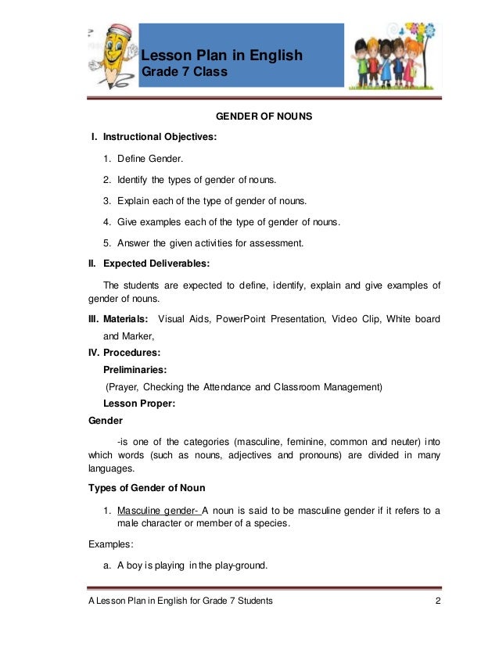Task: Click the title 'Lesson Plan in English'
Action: point(221,56)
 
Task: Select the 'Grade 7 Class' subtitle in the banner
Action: point(184,73)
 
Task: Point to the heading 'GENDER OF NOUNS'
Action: point(264,117)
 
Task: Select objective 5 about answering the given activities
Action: point(210,243)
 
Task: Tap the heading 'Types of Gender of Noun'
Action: point(147,489)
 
